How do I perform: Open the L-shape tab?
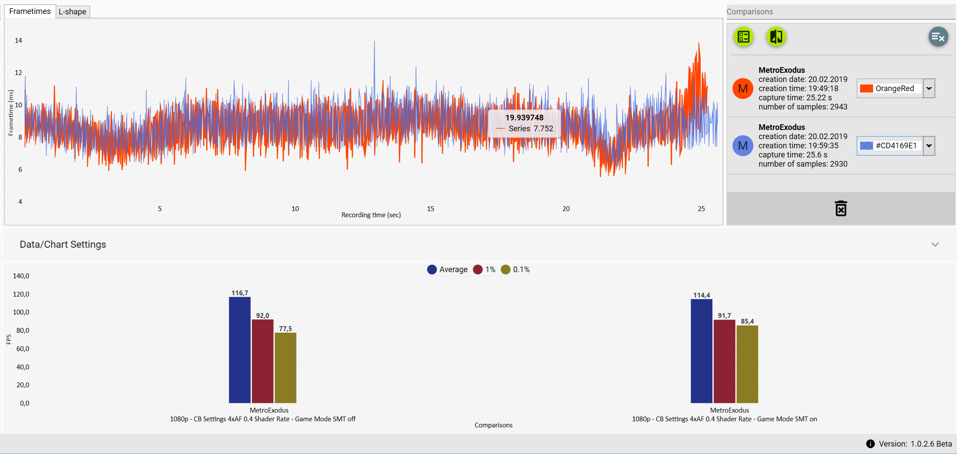coord(72,12)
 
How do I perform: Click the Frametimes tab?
coord(30,11)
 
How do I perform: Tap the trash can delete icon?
coord(841,208)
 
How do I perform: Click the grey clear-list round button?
coord(938,37)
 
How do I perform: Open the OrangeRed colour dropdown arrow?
coord(929,89)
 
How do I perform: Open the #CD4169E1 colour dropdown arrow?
coord(929,146)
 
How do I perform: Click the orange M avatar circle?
coord(743,89)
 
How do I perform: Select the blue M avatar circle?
coord(743,146)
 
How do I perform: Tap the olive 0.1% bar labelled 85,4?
coord(747,364)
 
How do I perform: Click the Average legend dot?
coord(432,270)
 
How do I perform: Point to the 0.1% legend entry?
coord(516,270)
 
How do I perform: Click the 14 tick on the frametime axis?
coord(18,41)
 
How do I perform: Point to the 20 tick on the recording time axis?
coord(566,209)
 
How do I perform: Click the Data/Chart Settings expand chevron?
coord(935,245)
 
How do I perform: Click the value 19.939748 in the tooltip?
coord(524,118)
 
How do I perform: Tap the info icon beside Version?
coord(870,444)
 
